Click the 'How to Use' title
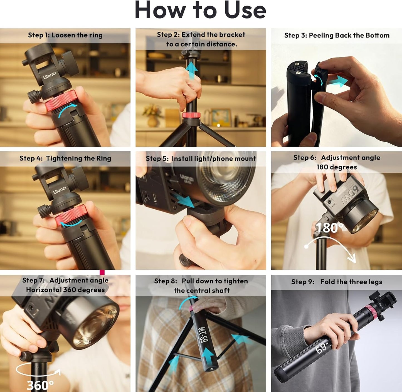(x=200, y=10)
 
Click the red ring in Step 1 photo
(x=61, y=100)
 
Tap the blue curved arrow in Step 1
(x=67, y=110)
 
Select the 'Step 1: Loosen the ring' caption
(x=65, y=35)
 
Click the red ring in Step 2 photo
(x=191, y=115)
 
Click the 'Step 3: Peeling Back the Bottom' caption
(x=337, y=35)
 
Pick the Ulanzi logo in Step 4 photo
(x=60, y=190)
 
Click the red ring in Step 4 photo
(x=71, y=215)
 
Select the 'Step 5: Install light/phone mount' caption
(x=201, y=158)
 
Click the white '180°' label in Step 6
(x=329, y=228)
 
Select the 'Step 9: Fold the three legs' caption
(x=337, y=282)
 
